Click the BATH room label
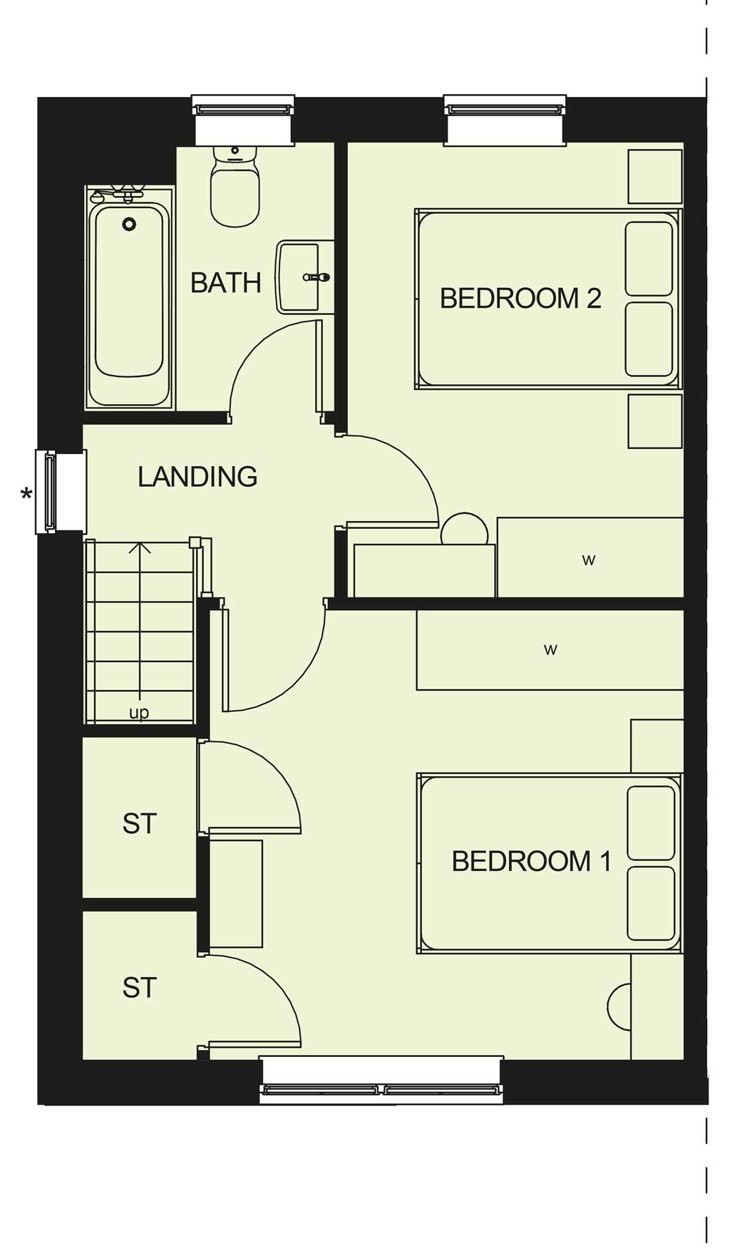click(225, 283)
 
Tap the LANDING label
click(197, 477)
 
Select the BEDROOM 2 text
click(520, 298)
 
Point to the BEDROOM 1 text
click(532, 861)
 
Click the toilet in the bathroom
click(235, 187)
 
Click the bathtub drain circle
click(129, 225)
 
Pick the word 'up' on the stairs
click(139, 713)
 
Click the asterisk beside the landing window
click(26, 494)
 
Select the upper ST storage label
click(139, 823)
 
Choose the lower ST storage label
click(139, 988)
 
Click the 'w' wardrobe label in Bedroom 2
click(588, 560)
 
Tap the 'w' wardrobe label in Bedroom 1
click(550, 649)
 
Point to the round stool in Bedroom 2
click(464, 530)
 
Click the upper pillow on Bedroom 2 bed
click(649, 258)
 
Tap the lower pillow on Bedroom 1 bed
click(651, 903)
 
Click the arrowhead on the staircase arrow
click(140, 548)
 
